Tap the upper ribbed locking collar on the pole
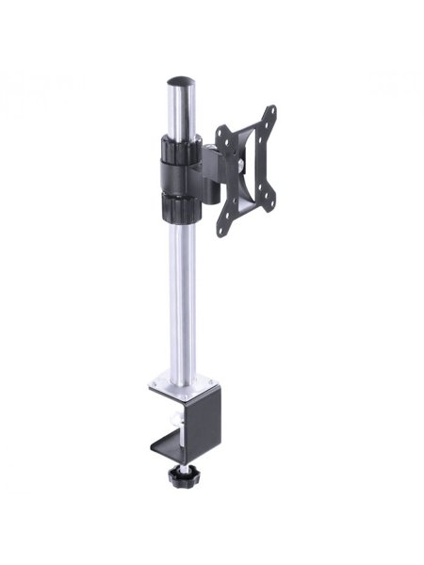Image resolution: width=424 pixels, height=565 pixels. pyautogui.click(x=179, y=148)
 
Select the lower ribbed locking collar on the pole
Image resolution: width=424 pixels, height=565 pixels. pyautogui.click(x=180, y=209)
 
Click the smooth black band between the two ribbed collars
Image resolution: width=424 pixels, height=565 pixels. pyautogui.click(x=179, y=178)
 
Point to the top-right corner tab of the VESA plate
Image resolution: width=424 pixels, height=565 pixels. pyautogui.click(x=270, y=112)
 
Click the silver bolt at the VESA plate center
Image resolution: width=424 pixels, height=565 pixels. pyautogui.click(x=243, y=169)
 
